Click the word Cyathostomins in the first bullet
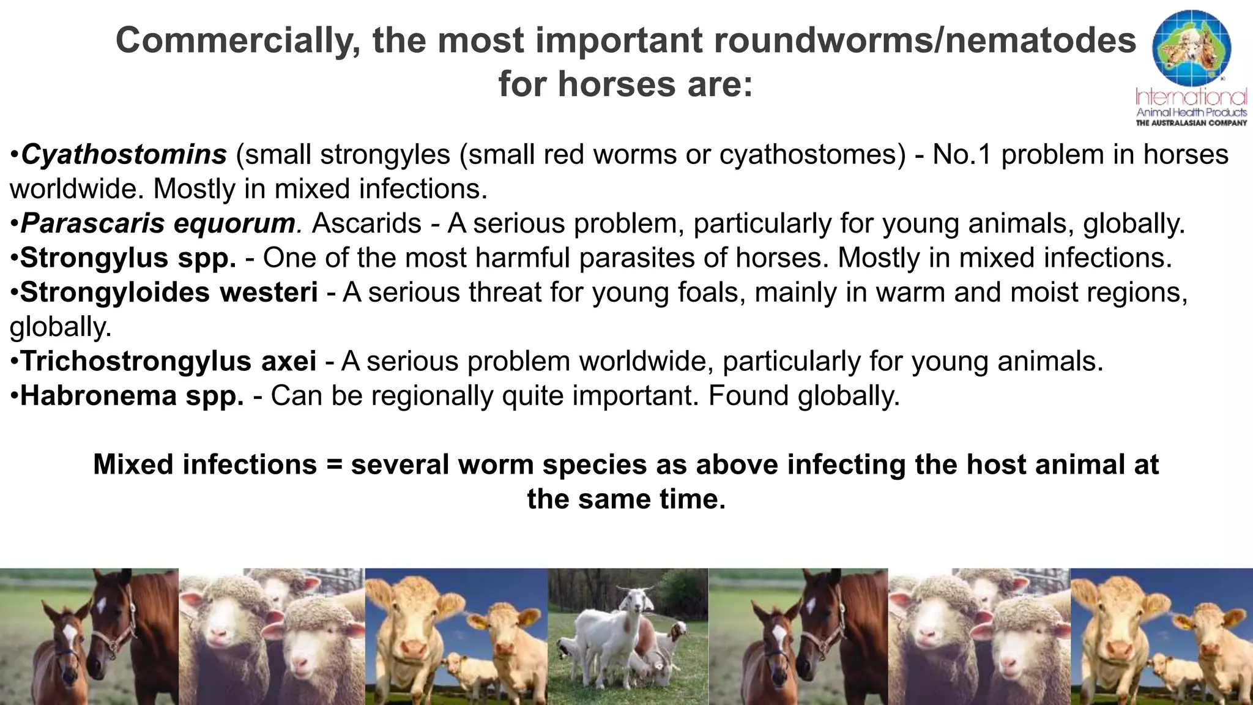[124, 155]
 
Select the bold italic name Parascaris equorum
[158, 224]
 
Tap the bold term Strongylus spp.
[128, 258]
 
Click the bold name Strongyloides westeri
[169, 293]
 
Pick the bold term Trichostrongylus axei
[168, 361]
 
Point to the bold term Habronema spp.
[132, 396]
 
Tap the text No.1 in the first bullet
[962, 155]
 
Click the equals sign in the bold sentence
[333, 464]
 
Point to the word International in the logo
[1191, 97]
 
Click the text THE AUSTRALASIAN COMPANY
[1191, 123]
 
